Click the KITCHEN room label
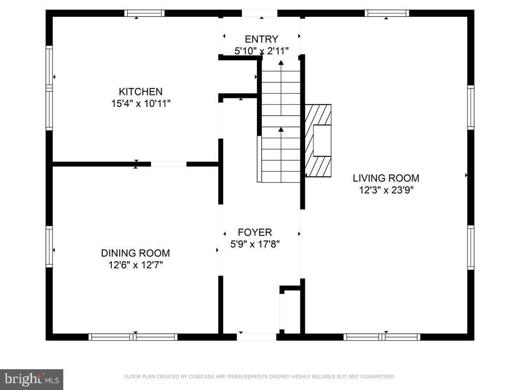tap(140, 92)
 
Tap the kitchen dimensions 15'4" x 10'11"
tap(140, 104)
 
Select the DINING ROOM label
tap(135, 253)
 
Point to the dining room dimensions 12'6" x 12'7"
tap(135, 265)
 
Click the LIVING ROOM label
tap(386, 178)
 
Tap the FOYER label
tap(255, 232)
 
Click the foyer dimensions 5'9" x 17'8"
tap(255, 244)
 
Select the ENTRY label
tap(261, 39)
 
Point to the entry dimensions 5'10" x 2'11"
tap(261, 51)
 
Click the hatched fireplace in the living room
tap(318, 140)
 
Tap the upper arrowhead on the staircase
tap(281, 63)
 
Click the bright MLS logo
tap(32, 380)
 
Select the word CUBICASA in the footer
tap(200, 377)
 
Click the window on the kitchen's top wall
tap(144, 13)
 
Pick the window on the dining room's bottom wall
tap(133, 337)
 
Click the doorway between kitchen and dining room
tap(169, 164)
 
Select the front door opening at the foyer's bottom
tap(257, 337)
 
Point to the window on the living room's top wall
tap(387, 13)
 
